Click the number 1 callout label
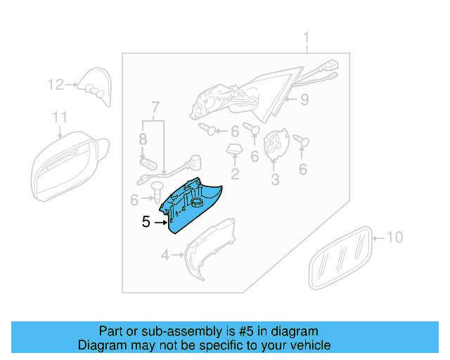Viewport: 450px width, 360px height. pyautogui.click(x=307, y=37)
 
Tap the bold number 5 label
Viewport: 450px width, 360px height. pyautogui.click(x=146, y=222)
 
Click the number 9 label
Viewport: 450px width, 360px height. pyautogui.click(x=304, y=100)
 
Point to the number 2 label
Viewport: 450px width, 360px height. pyautogui.click(x=235, y=173)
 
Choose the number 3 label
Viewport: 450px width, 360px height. pyautogui.click(x=275, y=180)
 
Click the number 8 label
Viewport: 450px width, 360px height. pyautogui.click(x=143, y=139)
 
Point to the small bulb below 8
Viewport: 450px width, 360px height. pyautogui.click(x=146, y=163)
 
